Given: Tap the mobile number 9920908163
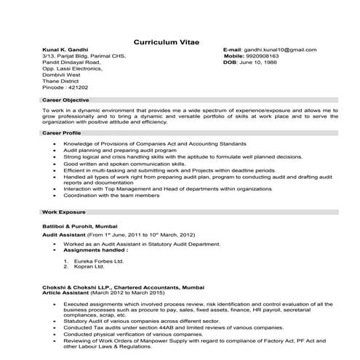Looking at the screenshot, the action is [x=268, y=56].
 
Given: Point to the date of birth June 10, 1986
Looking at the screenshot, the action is [x=266, y=63].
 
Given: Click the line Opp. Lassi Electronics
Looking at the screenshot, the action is [x=72, y=69].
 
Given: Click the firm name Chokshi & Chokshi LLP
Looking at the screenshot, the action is [x=75, y=286].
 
